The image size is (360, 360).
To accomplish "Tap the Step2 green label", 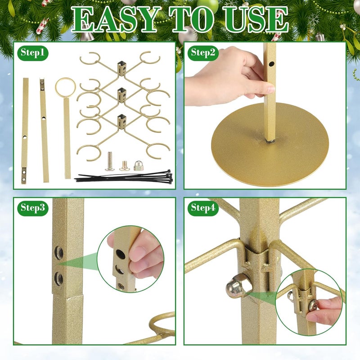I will pos(203,53).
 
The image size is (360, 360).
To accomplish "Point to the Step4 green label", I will pos(203,208).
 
